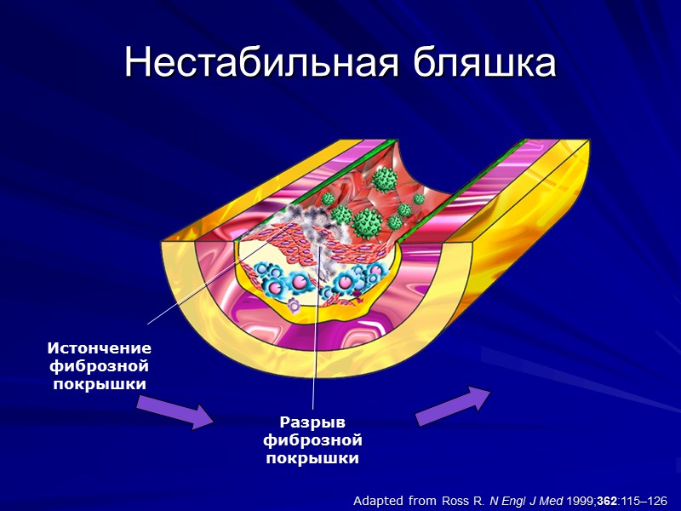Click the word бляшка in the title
482,63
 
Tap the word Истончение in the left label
100,348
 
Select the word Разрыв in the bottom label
313,422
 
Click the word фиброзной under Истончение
100,366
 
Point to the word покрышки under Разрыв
313,458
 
